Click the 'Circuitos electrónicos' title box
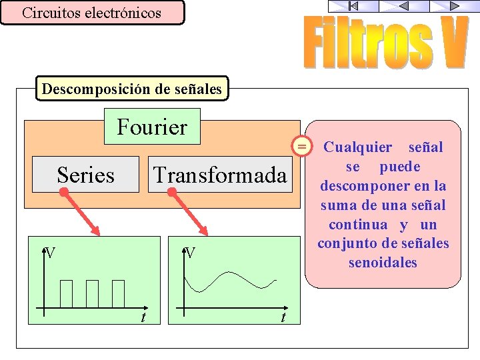pyautogui.click(x=92, y=13)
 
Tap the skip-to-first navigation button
pyautogui.click(x=353, y=6)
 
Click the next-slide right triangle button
pyautogui.click(x=454, y=6)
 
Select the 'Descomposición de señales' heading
pyautogui.click(x=131, y=88)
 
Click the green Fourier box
pyautogui.click(x=152, y=126)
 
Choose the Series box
pyautogui.click(x=85, y=175)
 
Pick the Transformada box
pyautogui.click(x=220, y=175)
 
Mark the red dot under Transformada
pyautogui.click(x=172, y=192)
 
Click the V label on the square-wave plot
pyautogui.click(x=49, y=253)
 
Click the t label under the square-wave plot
pyautogui.click(x=143, y=317)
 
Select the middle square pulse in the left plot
pyautogui.click(x=92, y=293)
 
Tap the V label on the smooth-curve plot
pyautogui.click(x=190, y=253)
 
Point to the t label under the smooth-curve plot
pyautogui.click(x=283, y=317)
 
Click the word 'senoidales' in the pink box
pyautogui.click(x=383, y=263)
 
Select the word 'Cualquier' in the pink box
pyautogui.click(x=358, y=147)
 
